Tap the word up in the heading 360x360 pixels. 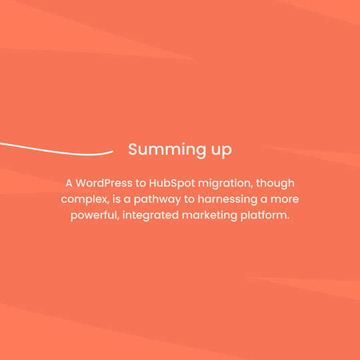pyautogui.click(x=221, y=151)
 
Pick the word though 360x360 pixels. pyautogui.click(x=276, y=183)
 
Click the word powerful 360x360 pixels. pyautogui.click(x=94, y=217)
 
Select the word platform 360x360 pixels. pyautogui.click(x=265, y=217)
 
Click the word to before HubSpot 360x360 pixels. pyautogui.click(x=139, y=183)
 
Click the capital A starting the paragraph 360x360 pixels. pyautogui.click(x=69, y=183)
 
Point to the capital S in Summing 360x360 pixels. pyautogui.click(x=133, y=149)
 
